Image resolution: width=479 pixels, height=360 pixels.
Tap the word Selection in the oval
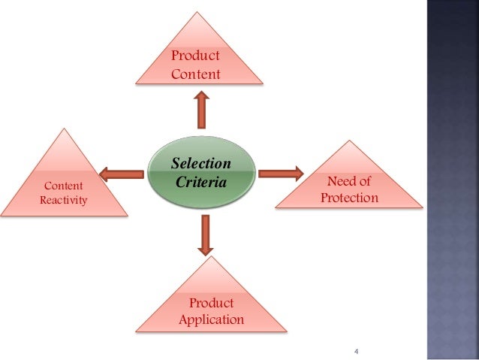click(201, 164)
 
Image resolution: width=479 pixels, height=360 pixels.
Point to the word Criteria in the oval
click(201, 181)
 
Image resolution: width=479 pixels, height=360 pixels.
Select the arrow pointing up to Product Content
click(201, 110)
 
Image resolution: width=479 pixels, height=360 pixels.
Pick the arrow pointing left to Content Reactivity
click(122, 175)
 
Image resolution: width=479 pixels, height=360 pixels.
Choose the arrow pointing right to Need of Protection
click(280, 174)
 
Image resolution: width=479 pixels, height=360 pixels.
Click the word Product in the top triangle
click(195, 56)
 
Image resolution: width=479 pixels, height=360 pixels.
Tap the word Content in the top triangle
click(195, 74)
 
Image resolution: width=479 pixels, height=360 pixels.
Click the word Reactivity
click(63, 200)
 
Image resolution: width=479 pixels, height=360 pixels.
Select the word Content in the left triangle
click(64, 186)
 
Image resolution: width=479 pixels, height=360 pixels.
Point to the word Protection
click(349, 198)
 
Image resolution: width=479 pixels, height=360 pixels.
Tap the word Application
click(211, 319)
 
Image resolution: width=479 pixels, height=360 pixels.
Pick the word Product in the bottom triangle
click(211, 303)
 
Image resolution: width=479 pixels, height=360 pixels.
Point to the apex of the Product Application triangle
click(212, 257)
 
